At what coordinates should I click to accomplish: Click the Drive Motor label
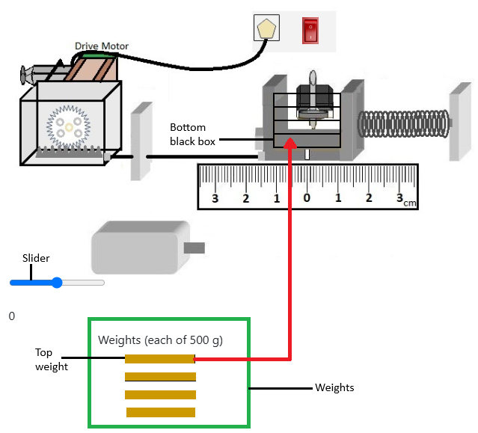(x=102, y=46)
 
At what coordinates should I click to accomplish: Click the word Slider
(x=36, y=259)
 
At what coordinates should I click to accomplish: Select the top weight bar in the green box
(x=160, y=359)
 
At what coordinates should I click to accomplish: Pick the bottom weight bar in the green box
(x=161, y=412)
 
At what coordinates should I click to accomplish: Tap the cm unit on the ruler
(x=409, y=203)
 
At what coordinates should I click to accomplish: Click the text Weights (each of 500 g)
(x=160, y=340)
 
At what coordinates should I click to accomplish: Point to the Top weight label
(x=51, y=359)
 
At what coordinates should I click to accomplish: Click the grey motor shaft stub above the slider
(x=194, y=248)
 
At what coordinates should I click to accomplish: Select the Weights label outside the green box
(x=334, y=387)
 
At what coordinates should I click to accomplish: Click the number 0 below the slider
(x=12, y=316)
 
